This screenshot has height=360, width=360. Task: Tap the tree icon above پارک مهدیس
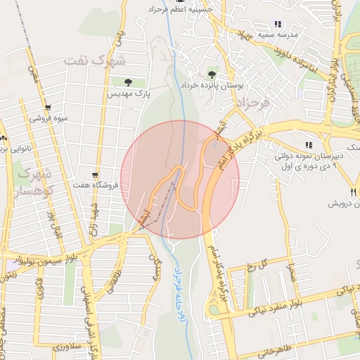[127, 83]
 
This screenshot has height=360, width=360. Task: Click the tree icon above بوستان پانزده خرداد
[212, 74]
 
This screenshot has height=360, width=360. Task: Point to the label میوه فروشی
[49, 118]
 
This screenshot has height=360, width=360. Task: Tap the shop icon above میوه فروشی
[48, 108]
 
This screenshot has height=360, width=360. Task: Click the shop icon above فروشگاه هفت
[95, 175]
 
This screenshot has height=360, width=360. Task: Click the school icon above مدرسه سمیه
[278, 24]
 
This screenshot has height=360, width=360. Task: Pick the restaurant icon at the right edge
[352, 192]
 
